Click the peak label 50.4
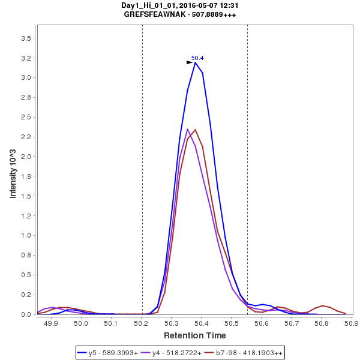(x=197, y=58)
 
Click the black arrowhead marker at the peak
(x=190, y=62)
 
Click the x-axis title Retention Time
(x=196, y=335)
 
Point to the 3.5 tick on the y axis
(x=26, y=38)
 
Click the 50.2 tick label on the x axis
(x=141, y=324)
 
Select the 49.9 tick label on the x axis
(x=51, y=324)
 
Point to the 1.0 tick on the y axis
(x=26, y=235)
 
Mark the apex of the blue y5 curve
(x=195, y=62)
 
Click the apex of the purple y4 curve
(x=188, y=129)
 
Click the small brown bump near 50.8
(x=323, y=305)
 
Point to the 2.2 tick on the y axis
(x=26, y=137)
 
